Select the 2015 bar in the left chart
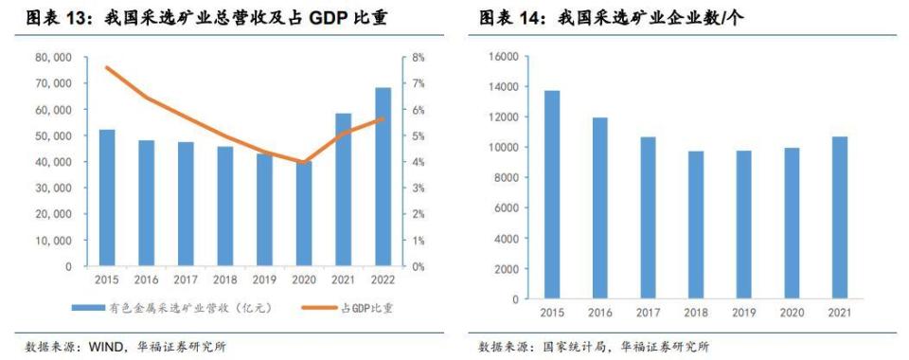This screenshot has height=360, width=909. (x=107, y=198)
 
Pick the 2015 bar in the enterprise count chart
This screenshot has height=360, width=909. (x=551, y=195)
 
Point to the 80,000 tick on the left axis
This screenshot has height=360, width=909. (x=54, y=58)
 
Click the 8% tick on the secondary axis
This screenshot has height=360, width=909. (x=418, y=58)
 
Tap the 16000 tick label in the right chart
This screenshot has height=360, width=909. (x=502, y=57)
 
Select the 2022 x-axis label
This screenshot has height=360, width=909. (x=383, y=280)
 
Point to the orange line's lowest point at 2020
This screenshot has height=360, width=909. (x=304, y=163)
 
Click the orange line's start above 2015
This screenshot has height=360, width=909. (x=107, y=67)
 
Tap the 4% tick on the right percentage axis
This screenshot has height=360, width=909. (x=418, y=162)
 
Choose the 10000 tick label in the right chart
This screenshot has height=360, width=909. (x=502, y=148)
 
